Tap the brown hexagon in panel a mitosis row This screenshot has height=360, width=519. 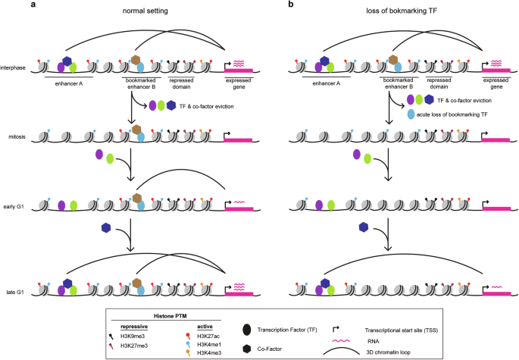[x=136, y=130]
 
